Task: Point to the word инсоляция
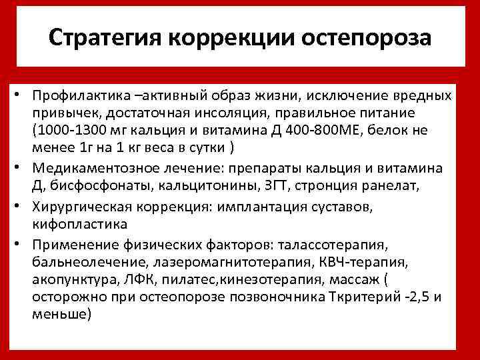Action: (249, 114)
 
